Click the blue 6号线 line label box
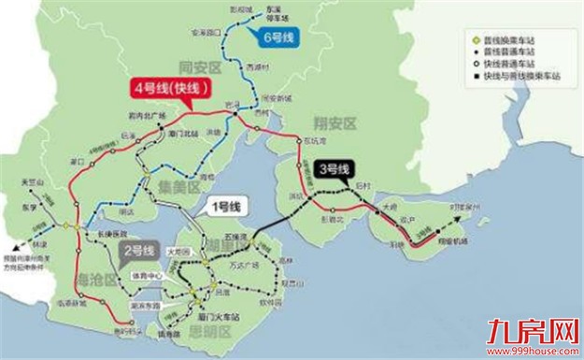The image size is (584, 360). (x=278, y=37)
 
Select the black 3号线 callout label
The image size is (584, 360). (x=334, y=169)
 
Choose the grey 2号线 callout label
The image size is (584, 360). (x=140, y=251)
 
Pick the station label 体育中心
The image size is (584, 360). (x=153, y=276)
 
